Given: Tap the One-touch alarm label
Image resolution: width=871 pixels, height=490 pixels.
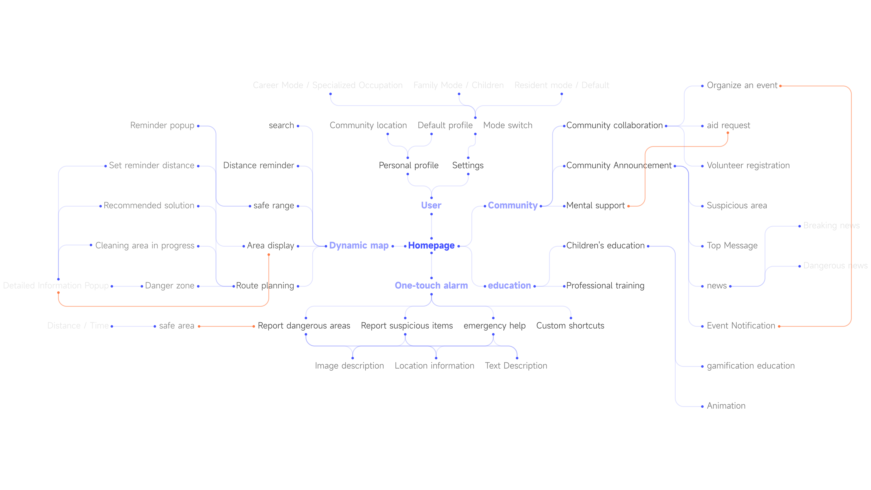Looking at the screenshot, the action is tap(431, 285).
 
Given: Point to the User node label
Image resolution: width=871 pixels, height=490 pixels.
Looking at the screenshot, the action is tap(431, 205).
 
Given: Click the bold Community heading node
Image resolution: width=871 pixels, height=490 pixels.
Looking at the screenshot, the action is tap(513, 205).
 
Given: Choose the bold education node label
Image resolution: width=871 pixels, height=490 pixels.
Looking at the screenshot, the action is tap(509, 285).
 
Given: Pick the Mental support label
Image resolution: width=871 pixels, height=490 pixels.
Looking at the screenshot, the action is tap(595, 206).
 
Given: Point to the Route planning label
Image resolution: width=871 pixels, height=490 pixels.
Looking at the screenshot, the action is tap(265, 286).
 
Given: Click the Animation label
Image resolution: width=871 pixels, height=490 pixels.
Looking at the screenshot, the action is tap(726, 406).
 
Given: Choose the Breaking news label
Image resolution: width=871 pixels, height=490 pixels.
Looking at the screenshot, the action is tap(831, 226).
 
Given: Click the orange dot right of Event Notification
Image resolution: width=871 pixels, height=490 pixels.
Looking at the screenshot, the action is tap(779, 326).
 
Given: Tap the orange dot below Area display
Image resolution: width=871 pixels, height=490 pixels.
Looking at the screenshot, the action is tap(269, 255).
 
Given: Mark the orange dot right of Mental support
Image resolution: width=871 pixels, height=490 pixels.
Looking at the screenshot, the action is tap(628, 206).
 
